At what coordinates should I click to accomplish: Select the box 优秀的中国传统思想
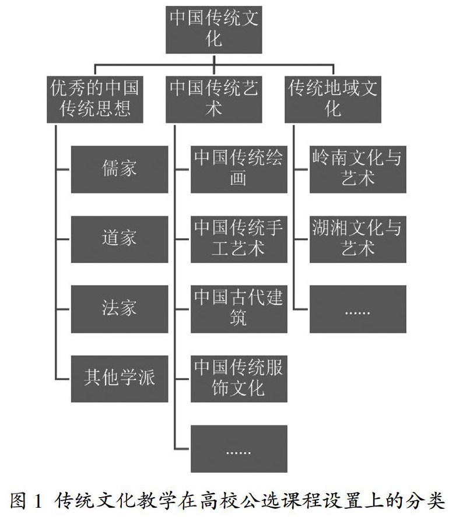pyautogui.click(x=95, y=99)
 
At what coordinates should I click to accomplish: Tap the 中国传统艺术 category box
pyautogui.click(x=214, y=99)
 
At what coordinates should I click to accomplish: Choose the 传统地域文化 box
pyautogui.click(x=333, y=99)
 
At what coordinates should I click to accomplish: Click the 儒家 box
pyautogui.click(x=119, y=169)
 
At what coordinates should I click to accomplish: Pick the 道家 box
pyautogui.click(x=119, y=239)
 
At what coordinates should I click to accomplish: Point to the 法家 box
pyautogui.click(x=119, y=309)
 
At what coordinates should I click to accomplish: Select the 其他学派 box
pyautogui.click(x=119, y=378)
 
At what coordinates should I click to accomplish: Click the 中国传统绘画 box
pyautogui.click(x=238, y=169)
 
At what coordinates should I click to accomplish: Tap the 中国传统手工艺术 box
pyautogui.click(x=238, y=239)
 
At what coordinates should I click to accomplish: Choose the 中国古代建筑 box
pyautogui.click(x=238, y=309)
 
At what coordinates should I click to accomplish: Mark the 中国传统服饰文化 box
pyautogui.click(x=238, y=378)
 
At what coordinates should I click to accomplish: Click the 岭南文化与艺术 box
pyautogui.click(x=357, y=169)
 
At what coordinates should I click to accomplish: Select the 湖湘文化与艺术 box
pyautogui.click(x=357, y=239)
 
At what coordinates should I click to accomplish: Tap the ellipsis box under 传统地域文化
pyautogui.click(x=357, y=309)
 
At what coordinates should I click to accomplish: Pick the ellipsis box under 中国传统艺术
pyautogui.click(x=238, y=448)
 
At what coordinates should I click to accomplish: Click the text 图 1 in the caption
pyautogui.click(x=27, y=501)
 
